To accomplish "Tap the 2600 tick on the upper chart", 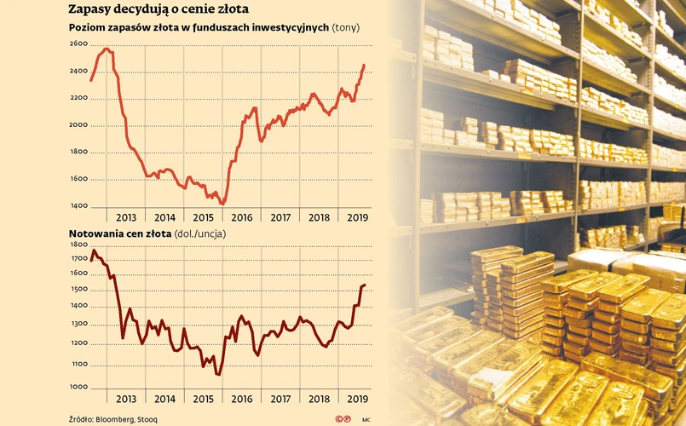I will pos(78,43).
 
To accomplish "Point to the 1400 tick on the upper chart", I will pos(78,206).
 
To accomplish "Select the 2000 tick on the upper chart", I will pos(78,125).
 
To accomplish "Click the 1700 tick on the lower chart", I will pos(78,257).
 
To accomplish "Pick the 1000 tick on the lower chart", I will pos(78,386).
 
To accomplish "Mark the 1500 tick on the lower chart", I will pos(78,290).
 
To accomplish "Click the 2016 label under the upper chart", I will pos(242,217).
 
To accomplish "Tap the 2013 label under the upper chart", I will pos(126,217).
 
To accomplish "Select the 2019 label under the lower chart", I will pos(357,398).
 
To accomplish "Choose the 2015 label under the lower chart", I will pos(203,398).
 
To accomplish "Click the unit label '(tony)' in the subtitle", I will pos(344,28).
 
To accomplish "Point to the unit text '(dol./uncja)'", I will pos(200,233).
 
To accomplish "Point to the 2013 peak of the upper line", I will pos(106,49).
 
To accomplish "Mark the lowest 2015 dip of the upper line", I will pos(222,204).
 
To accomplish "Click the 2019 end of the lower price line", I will pos(365,285).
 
